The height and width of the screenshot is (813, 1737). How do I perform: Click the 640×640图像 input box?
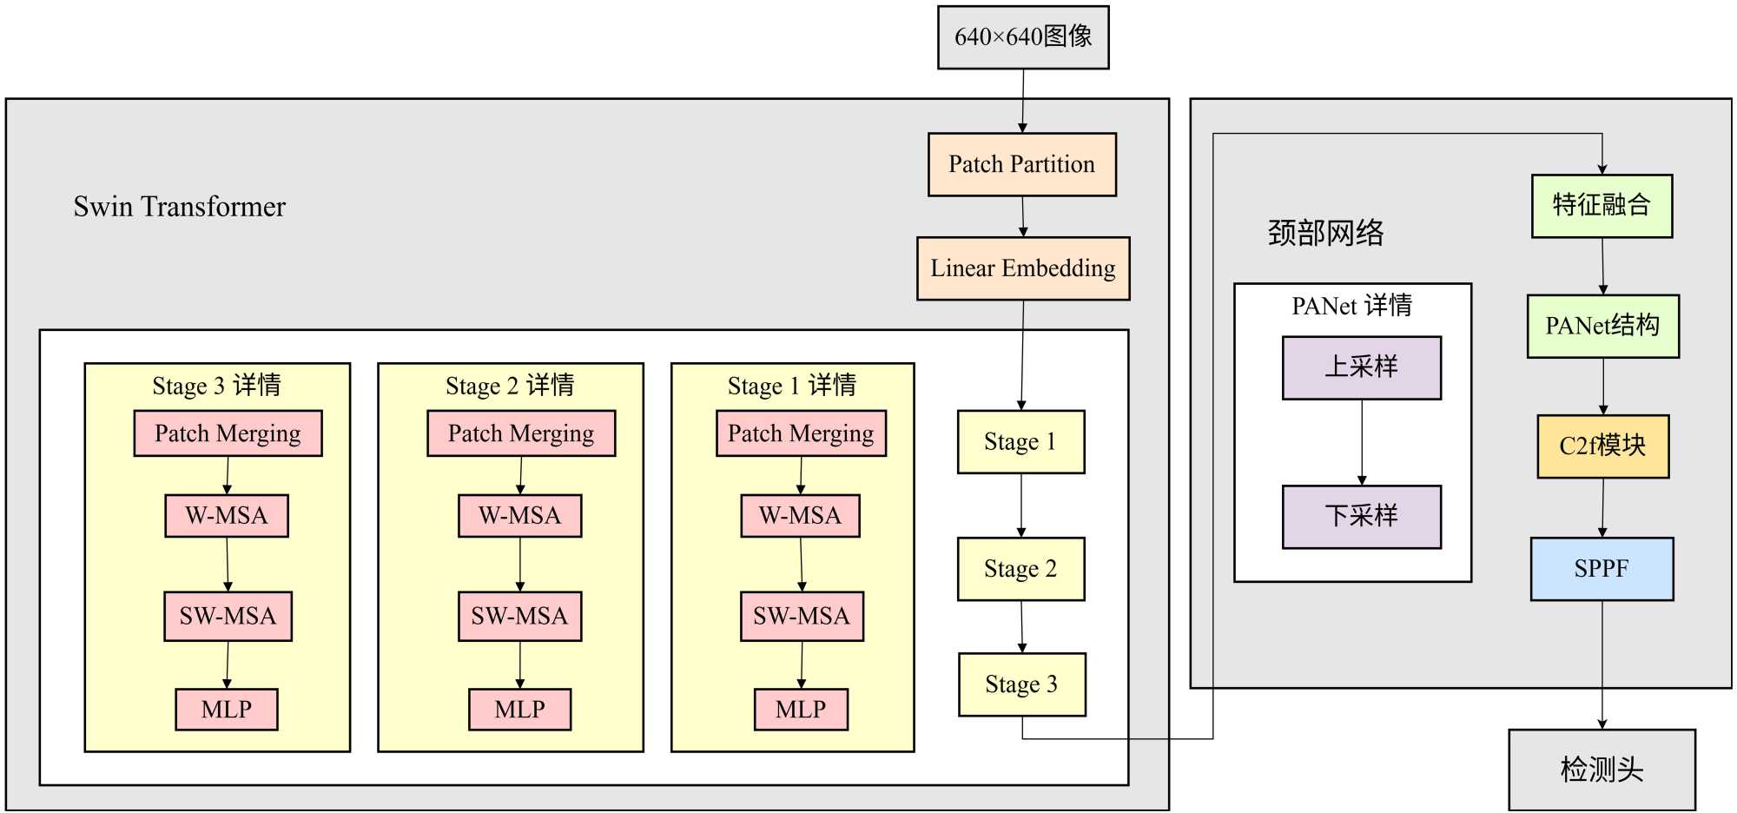point(1023,37)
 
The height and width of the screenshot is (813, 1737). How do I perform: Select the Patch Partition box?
point(1021,164)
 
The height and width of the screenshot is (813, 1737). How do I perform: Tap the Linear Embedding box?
point(1023,268)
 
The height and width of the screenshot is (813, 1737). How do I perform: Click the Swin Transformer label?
point(179,207)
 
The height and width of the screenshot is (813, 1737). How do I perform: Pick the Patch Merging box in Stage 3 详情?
point(228,433)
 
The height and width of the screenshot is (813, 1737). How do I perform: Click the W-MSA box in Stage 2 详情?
point(519,516)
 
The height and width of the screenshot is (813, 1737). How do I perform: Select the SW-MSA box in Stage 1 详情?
point(801,617)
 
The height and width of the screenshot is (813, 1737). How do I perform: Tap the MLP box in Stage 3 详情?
point(226,710)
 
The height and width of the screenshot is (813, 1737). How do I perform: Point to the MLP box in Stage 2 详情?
point(519,710)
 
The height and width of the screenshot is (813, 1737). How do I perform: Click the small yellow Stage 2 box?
point(1020,569)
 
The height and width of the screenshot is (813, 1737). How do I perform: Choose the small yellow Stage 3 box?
point(1021,684)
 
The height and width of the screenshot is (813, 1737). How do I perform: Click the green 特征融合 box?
point(1602,206)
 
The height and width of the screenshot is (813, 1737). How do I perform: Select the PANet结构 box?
point(1602,326)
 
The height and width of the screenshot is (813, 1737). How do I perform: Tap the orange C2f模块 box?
point(1602,446)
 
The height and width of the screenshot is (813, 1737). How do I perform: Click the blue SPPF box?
point(1602,569)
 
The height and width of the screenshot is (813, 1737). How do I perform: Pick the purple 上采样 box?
point(1361,367)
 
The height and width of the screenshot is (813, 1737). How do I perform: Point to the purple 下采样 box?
point(1361,517)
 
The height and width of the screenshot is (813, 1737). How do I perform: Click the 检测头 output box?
point(1602,770)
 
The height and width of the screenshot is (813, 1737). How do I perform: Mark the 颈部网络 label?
point(1325,233)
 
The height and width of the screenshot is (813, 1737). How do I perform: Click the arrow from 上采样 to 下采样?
point(1362,442)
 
